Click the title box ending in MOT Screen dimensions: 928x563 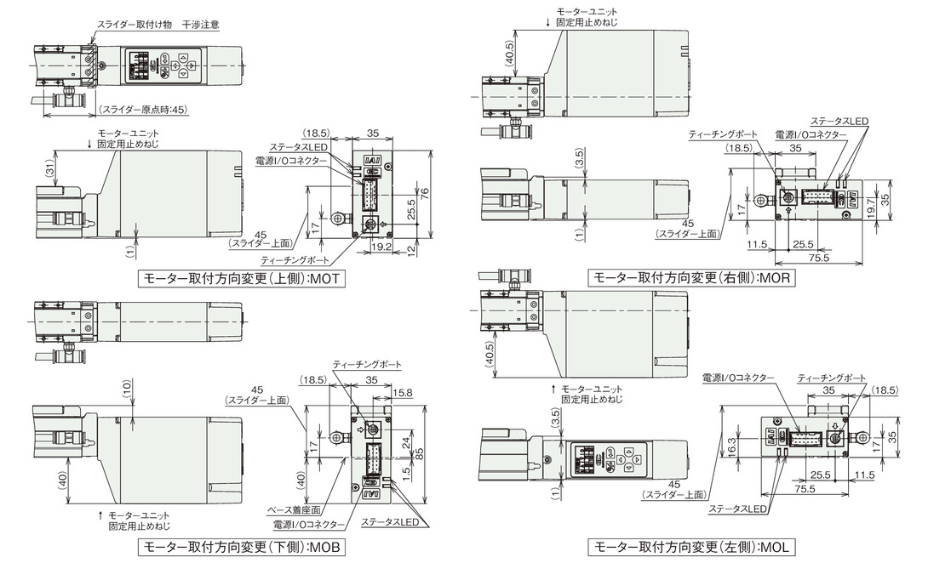(242, 278)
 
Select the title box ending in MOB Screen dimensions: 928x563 (242, 547)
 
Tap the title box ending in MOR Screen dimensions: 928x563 (692, 277)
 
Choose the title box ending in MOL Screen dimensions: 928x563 (692, 547)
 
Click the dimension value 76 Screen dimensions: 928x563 (424, 193)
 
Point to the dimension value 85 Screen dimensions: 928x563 (420, 454)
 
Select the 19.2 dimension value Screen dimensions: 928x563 (381, 247)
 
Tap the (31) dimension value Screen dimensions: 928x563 (49, 168)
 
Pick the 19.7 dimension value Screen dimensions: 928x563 (870, 208)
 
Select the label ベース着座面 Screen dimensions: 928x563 (294, 509)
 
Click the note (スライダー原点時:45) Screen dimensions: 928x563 (143, 110)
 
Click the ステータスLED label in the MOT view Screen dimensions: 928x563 (299, 147)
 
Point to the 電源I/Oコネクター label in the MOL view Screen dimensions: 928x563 (738, 378)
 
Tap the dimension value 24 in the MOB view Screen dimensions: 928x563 (405, 442)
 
